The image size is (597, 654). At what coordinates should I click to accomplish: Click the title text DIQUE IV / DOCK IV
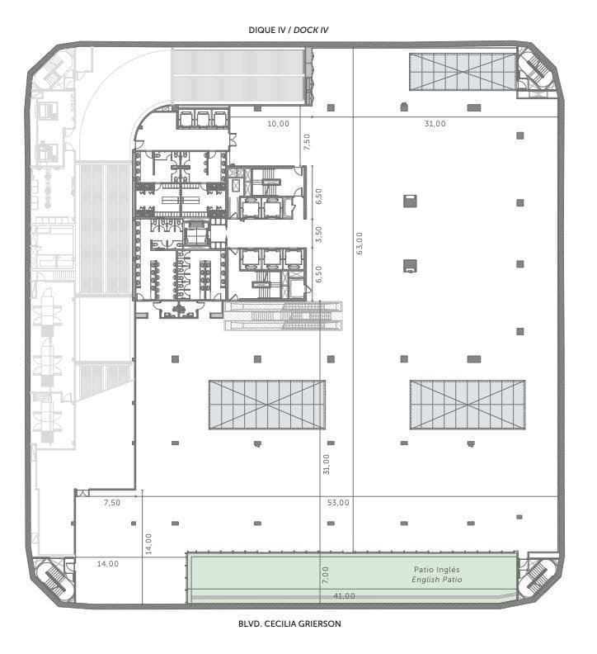click(289, 30)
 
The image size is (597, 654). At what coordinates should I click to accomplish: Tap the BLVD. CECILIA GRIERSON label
click(289, 623)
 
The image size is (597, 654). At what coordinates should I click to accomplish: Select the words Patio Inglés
click(436, 569)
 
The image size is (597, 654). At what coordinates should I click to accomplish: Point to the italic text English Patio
click(436, 580)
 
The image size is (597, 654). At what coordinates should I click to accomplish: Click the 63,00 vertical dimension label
click(360, 243)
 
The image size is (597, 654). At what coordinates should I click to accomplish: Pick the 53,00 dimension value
click(338, 503)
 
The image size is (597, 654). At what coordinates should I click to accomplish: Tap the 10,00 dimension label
click(278, 124)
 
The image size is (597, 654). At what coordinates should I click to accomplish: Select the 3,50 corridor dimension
click(319, 235)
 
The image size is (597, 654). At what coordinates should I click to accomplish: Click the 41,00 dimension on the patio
click(344, 596)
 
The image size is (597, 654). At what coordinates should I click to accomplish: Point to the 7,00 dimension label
click(326, 575)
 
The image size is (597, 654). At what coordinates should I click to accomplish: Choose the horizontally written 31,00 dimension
click(435, 124)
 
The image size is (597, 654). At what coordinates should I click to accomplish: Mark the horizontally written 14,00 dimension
click(108, 563)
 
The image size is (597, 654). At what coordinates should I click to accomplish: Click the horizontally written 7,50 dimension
click(112, 503)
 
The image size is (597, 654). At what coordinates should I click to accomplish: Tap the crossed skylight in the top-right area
click(463, 71)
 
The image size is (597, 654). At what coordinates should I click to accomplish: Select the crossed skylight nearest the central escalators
click(267, 405)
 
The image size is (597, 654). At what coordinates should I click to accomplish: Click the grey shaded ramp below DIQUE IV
click(237, 75)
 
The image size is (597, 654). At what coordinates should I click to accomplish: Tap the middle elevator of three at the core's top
click(204, 119)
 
